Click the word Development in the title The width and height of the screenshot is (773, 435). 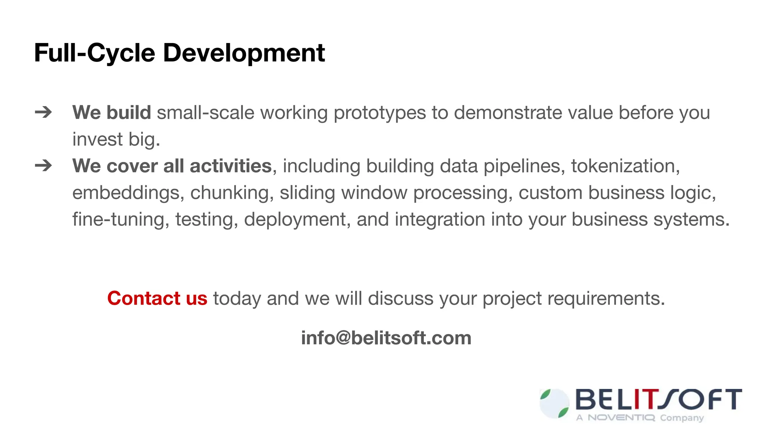tap(244, 53)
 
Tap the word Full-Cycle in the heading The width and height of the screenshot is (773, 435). tap(94, 53)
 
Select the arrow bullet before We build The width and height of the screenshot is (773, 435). tap(43, 112)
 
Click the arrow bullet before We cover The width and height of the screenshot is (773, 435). tap(43, 165)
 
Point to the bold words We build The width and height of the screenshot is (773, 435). tap(112, 113)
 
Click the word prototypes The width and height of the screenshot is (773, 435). tap(379, 113)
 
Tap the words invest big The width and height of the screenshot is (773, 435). tap(116, 140)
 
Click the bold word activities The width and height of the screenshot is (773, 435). tap(231, 166)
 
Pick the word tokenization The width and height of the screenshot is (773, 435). tap(625, 166)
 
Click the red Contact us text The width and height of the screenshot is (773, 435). tap(157, 298)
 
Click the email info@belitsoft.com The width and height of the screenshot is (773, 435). tap(386, 338)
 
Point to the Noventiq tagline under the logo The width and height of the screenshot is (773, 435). tap(640, 418)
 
